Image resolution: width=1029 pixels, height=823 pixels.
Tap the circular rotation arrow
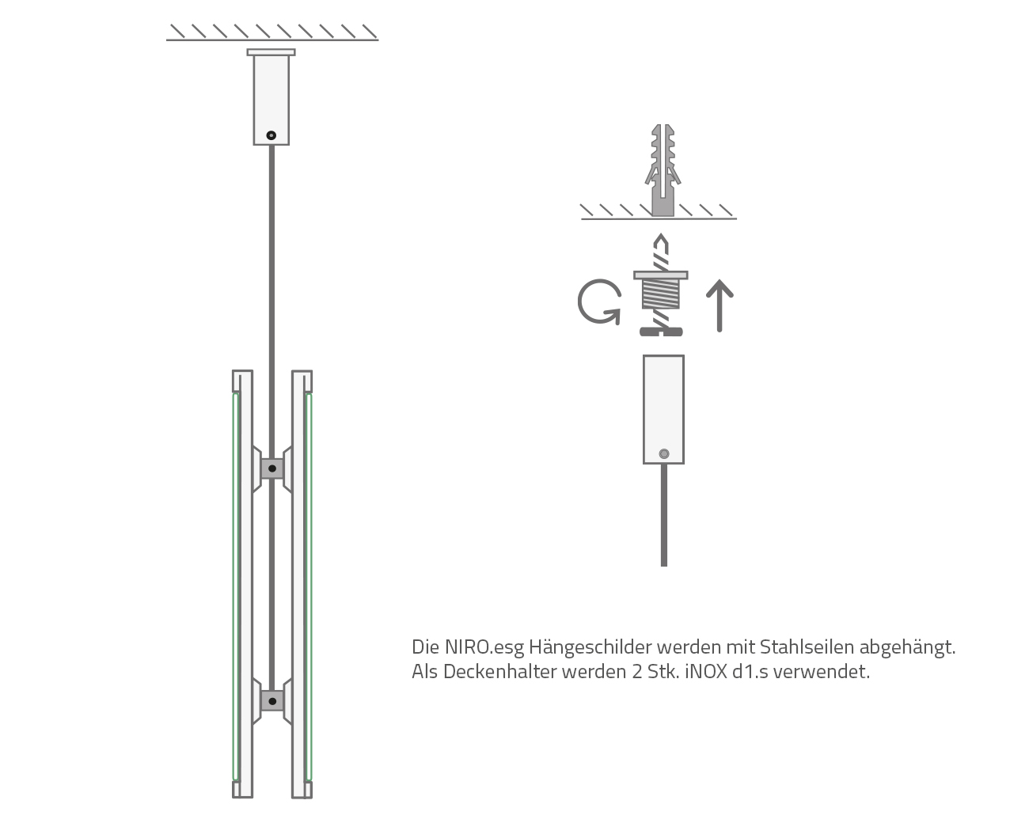pos(598,302)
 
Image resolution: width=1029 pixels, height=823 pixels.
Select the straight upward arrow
pos(720,305)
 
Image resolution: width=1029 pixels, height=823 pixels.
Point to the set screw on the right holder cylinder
pos(664,454)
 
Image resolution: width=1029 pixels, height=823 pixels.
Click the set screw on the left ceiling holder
pos(271,135)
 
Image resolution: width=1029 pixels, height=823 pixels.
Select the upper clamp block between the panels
pos(272,468)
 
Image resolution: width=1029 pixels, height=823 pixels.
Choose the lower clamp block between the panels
pos(272,700)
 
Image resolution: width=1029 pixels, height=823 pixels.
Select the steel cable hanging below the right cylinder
pos(663,514)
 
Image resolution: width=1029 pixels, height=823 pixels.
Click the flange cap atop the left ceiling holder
pos(271,52)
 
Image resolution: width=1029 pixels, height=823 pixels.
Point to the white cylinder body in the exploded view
pos(663,404)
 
